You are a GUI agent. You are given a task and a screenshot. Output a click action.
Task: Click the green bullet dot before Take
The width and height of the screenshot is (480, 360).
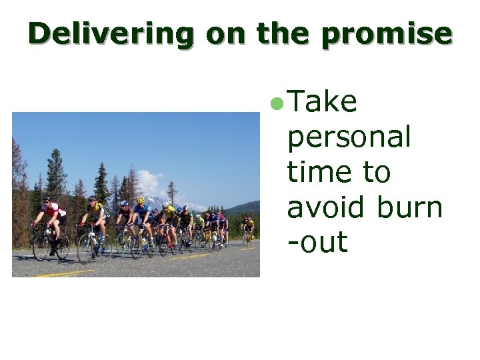click(278, 103)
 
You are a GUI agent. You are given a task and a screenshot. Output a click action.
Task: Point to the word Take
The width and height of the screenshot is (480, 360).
click(323, 103)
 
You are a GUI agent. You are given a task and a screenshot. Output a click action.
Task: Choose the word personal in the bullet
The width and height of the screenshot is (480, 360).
click(349, 138)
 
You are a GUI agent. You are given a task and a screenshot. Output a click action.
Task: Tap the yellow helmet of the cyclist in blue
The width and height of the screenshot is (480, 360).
click(141, 200)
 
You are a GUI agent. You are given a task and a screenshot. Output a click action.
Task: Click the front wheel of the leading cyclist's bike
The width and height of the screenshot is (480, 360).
click(41, 247)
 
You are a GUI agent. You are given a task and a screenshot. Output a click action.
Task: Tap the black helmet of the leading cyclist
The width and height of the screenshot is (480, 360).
click(47, 199)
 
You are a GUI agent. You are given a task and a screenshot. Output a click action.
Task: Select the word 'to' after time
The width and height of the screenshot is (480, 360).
click(376, 172)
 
